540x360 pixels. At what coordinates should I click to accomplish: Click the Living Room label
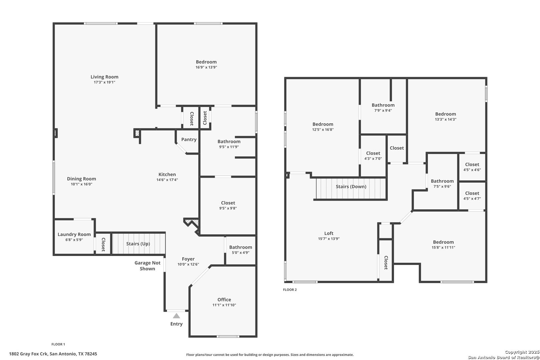[104, 77]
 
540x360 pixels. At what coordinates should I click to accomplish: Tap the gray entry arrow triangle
[176, 316]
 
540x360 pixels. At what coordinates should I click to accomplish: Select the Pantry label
[189, 139]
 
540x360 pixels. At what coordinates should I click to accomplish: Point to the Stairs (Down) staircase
[351, 189]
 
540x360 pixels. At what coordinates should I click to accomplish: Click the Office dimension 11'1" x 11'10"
[224, 305]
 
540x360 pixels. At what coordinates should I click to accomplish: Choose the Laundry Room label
[74, 234]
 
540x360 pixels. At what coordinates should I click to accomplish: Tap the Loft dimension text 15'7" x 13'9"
[329, 239]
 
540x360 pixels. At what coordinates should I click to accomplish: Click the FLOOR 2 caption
[290, 290]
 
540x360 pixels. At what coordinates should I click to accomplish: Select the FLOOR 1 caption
[58, 344]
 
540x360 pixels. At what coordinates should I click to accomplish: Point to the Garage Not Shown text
[147, 266]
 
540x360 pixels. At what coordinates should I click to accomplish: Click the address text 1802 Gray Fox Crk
[29, 354]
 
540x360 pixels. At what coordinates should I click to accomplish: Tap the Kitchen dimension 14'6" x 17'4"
[167, 180]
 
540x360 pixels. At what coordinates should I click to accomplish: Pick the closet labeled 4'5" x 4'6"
[472, 167]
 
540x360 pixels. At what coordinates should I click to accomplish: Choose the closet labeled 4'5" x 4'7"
[472, 196]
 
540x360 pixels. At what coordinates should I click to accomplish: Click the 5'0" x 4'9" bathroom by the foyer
[241, 250]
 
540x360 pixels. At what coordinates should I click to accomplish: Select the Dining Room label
[81, 179]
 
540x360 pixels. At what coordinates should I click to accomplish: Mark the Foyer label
[188, 259]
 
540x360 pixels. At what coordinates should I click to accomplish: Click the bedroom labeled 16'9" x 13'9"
[206, 64]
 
